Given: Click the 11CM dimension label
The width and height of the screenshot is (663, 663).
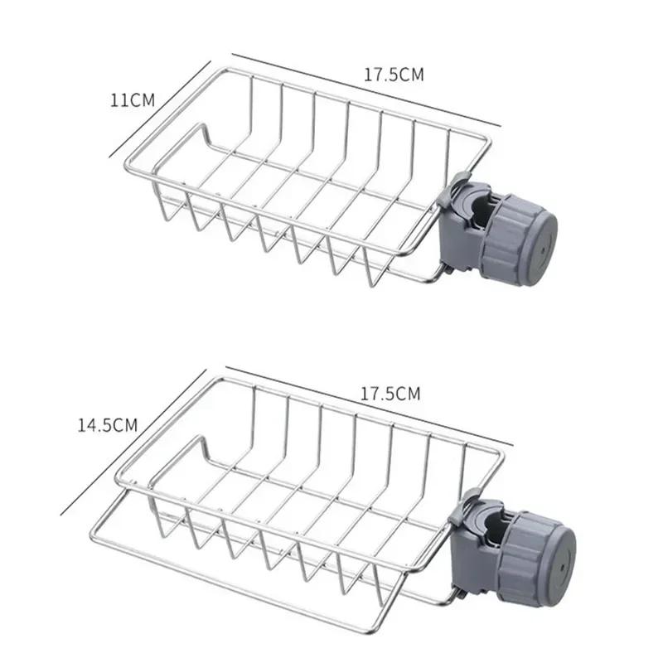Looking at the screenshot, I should pyautogui.click(x=133, y=100).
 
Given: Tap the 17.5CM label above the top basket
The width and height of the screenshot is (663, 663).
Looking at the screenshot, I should pyautogui.click(x=394, y=75).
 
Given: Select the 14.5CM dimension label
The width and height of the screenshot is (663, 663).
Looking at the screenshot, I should pyautogui.click(x=107, y=425).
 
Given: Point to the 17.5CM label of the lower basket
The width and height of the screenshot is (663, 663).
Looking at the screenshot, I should pyautogui.click(x=390, y=394).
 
